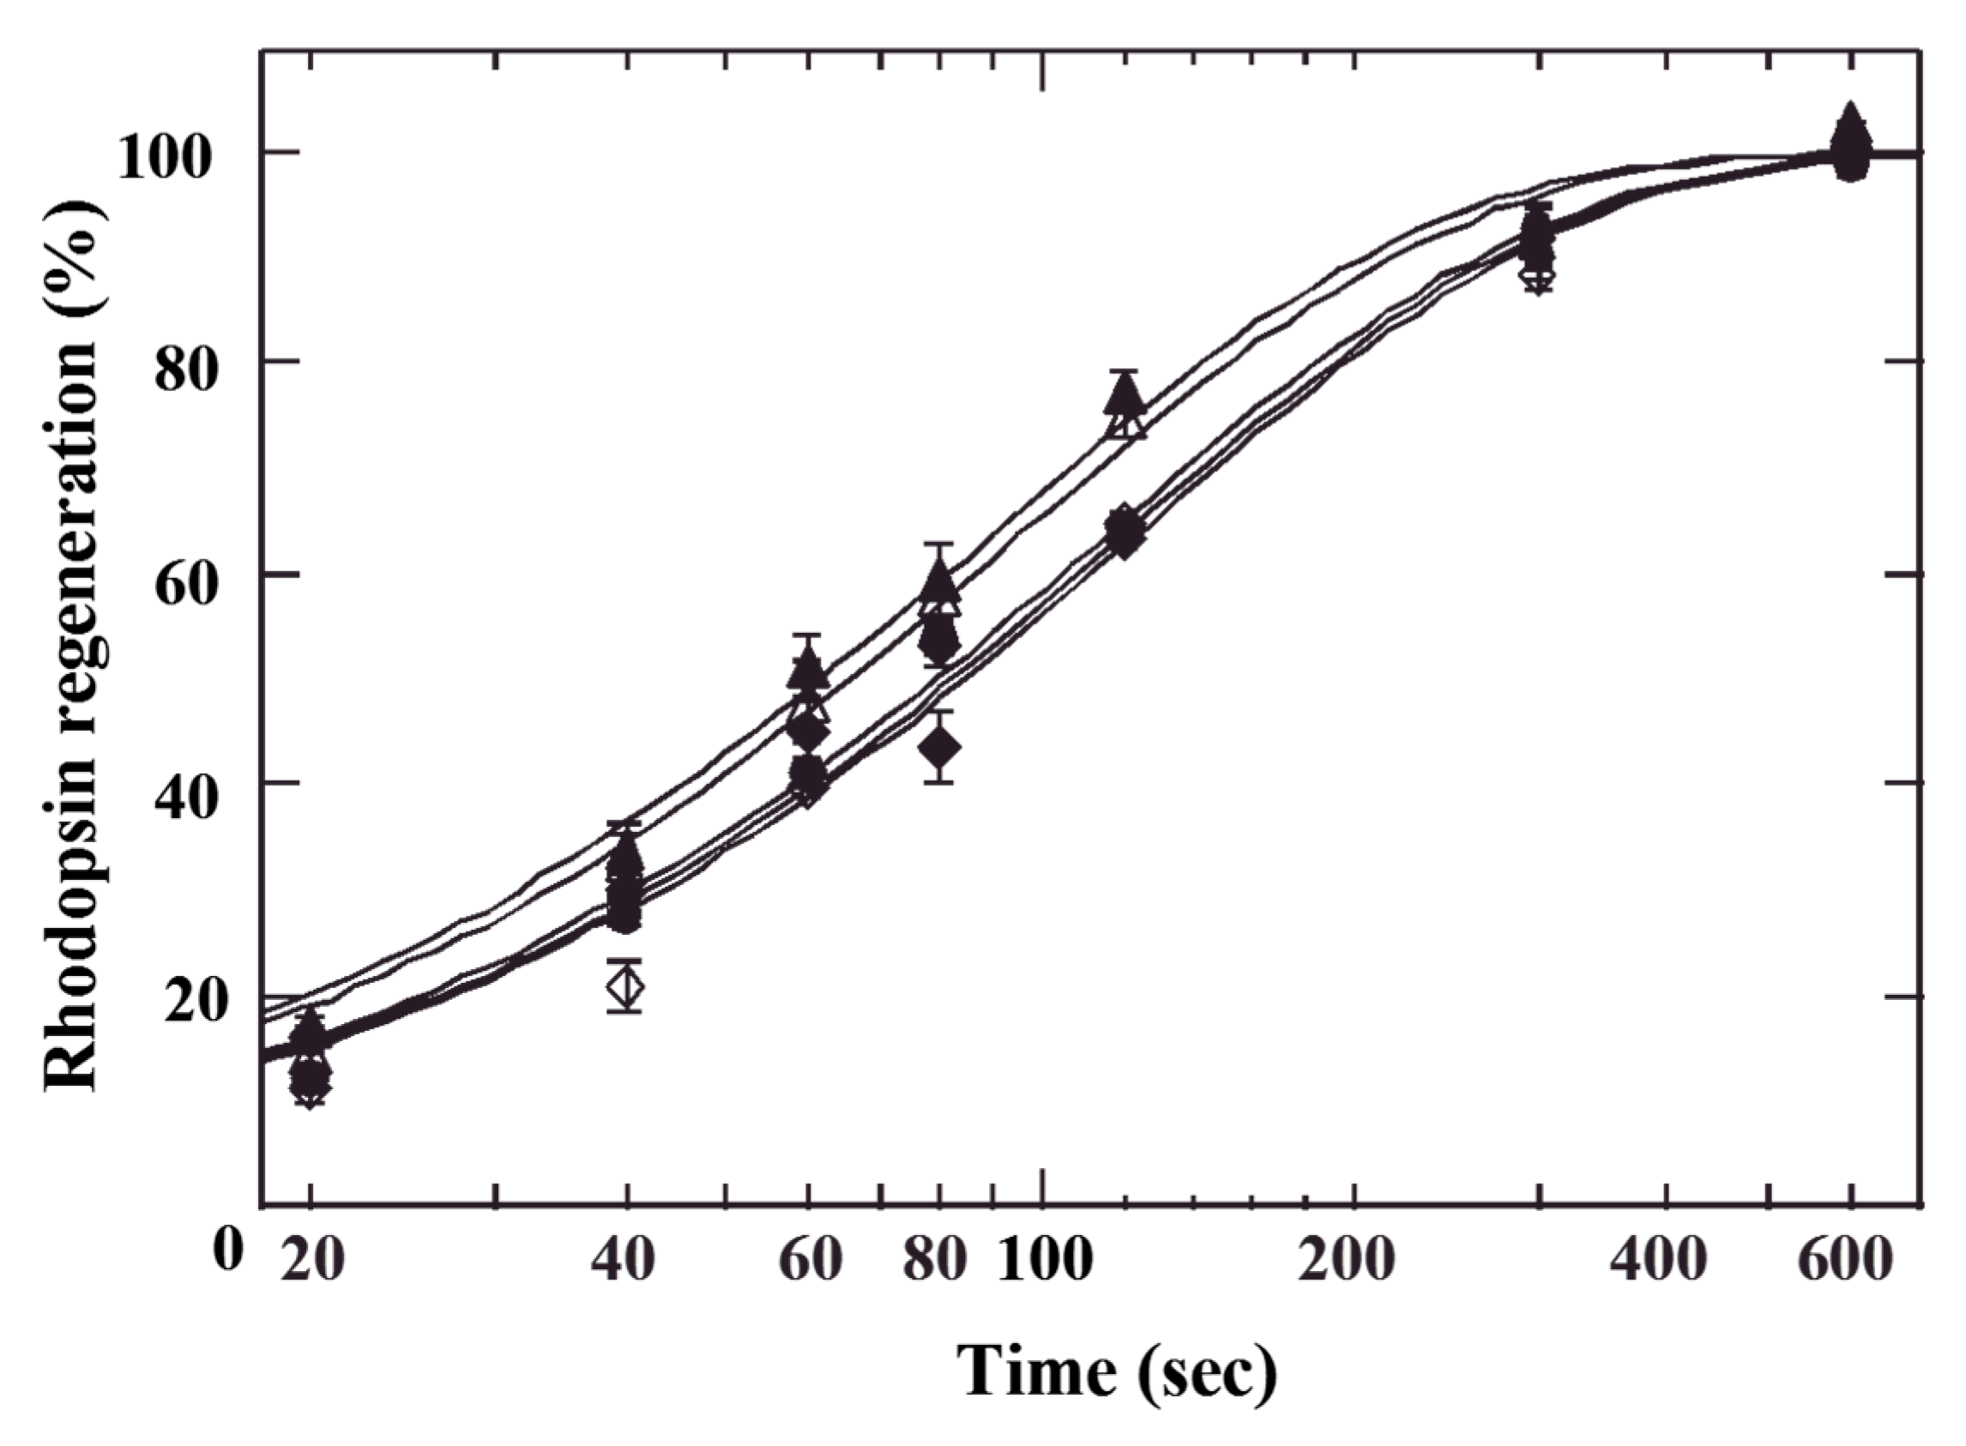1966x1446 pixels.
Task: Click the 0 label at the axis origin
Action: [x=226, y=1249]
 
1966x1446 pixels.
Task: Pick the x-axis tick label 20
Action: [x=311, y=1261]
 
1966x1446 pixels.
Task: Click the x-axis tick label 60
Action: [x=810, y=1261]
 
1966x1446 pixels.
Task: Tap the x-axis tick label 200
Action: [x=1346, y=1261]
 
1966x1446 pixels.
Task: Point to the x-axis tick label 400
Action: [x=1659, y=1261]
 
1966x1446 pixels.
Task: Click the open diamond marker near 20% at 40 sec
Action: [x=625, y=986]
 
